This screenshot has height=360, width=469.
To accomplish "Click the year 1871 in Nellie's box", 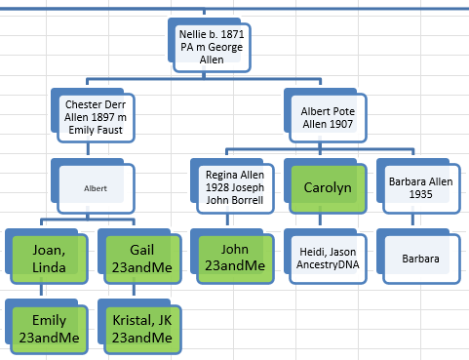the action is pos(232,34).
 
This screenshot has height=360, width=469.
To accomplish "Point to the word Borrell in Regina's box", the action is pos(250,200).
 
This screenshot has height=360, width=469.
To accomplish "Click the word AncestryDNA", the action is pos(328,264).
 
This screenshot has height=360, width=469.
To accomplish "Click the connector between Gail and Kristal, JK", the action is pos(134,290).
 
